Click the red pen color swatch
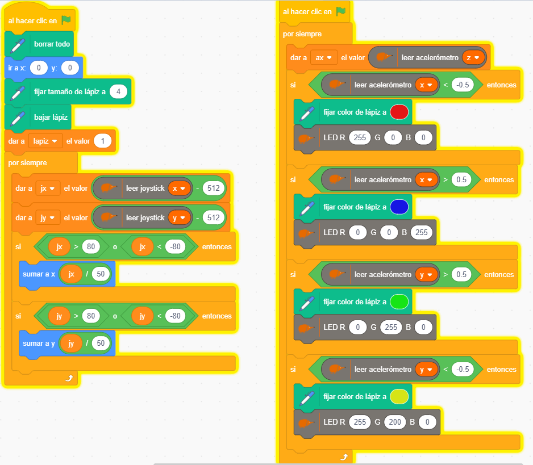pos(399,112)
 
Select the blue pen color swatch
pos(399,207)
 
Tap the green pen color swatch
pos(399,301)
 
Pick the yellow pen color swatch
pos(399,396)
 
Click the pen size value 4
pos(118,91)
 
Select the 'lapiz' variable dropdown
pos(45,141)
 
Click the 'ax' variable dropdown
pos(324,58)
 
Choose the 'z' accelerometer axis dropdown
pos(473,58)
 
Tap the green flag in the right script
pos(340,11)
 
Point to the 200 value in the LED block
pos(395,422)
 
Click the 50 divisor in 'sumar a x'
pos(101,274)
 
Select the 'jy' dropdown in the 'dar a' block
pos(48,217)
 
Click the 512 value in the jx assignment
pos(214,188)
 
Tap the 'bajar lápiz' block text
pos(51,117)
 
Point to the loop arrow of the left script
pos(69,378)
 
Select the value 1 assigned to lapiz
pos(103,141)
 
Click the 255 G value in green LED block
pos(391,327)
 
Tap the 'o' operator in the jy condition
pos(115,316)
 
